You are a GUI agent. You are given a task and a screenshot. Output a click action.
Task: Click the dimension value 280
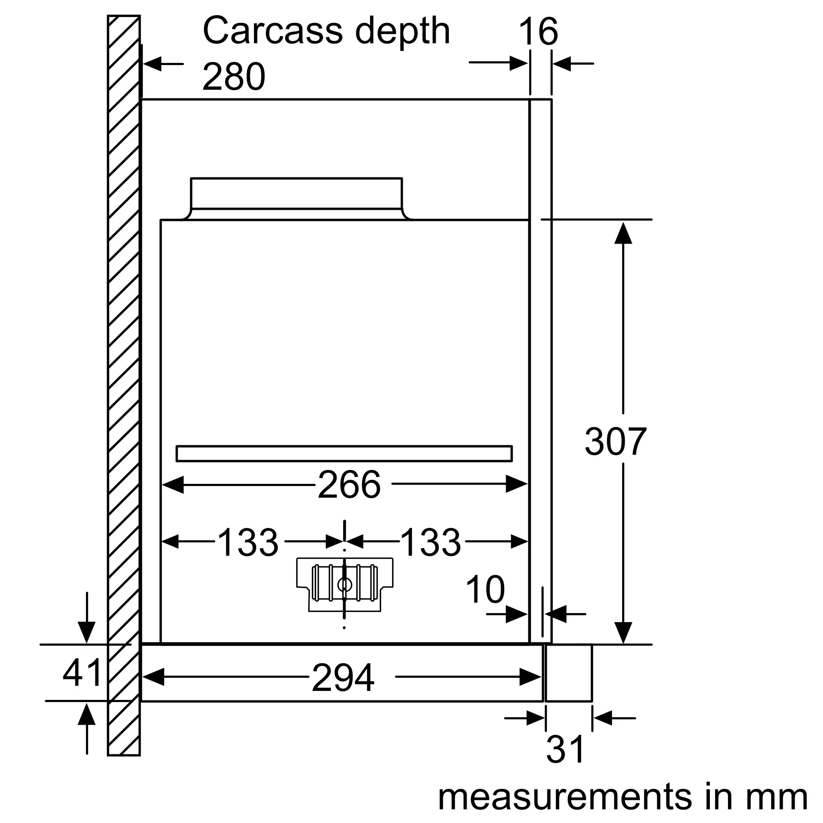pyautogui.click(x=233, y=77)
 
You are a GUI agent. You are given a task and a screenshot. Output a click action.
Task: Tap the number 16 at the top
pyautogui.click(x=538, y=32)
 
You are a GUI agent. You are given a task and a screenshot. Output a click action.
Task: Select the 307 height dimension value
pyautogui.click(x=616, y=442)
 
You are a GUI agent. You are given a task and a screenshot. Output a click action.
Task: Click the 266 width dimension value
pyautogui.click(x=349, y=484)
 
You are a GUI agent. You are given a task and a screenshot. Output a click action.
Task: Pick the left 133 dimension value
pyautogui.click(x=248, y=542)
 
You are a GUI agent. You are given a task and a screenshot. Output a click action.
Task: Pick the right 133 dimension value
pyautogui.click(x=431, y=542)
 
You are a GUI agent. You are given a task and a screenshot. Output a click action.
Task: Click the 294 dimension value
pyautogui.click(x=343, y=678)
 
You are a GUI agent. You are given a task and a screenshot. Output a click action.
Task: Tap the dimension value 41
pyautogui.click(x=82, y=673)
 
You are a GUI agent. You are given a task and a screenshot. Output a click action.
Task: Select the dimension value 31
pyautogui.click(x=565, y=750)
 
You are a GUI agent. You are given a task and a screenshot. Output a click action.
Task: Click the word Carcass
pyautogui.click(x=273, y=31)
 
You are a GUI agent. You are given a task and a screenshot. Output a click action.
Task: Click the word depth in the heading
pyautogui.click(x=402, y=33)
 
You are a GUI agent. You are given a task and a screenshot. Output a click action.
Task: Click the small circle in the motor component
pyautogui.click(x=344, y=585)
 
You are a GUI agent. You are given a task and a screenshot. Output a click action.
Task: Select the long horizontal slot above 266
pyautogui.click(x=344, y=453)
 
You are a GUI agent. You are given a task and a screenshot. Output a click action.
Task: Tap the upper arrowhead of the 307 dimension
pyautogui.click(x=623, y=233)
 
